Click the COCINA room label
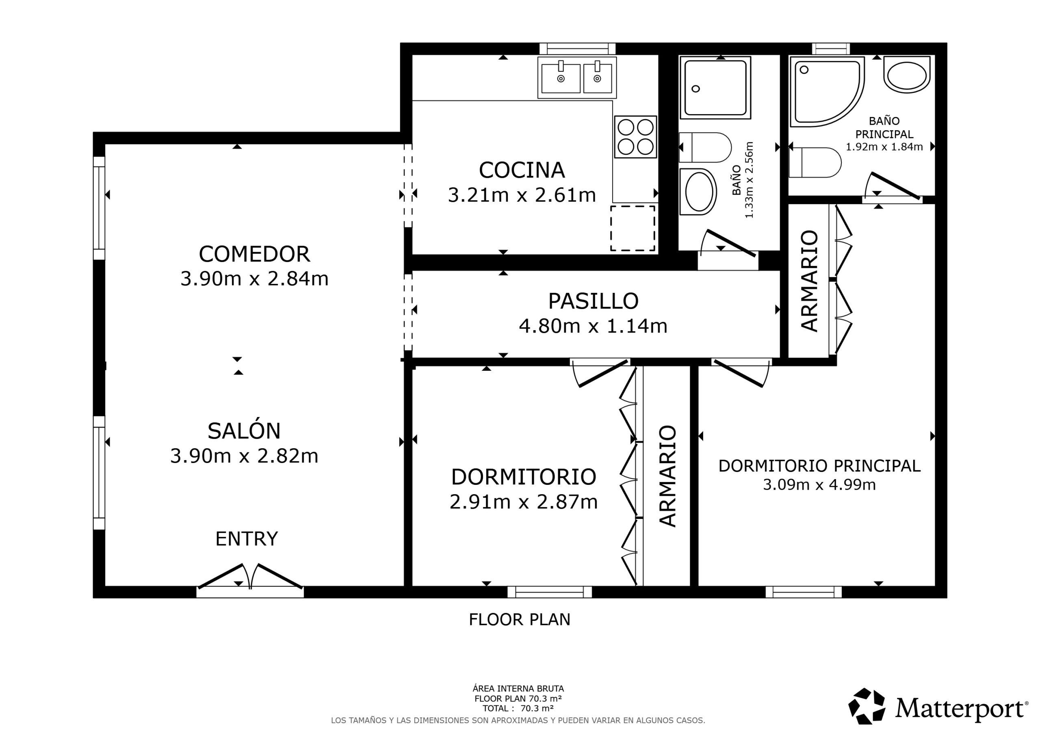[x=521, y=170]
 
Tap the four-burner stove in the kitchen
[x=635, y=137]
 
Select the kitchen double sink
[x=577, y=78]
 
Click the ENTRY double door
[x=250, y=577]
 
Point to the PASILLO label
[x=593, y=301]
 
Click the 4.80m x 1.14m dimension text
[x=593, y=326]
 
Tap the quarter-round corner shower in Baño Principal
[x=827, y=91]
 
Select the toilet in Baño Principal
[x=815, y=162]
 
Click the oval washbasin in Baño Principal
[x=907, y=75]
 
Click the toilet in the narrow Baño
[x=705, y=147]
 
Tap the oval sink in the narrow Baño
[x=698, y=192]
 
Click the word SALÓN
[x=244, y=431]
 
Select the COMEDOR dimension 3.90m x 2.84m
[x=254, y=279]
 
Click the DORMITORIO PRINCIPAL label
[x=819, y=466]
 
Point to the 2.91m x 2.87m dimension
[x=523, y=502]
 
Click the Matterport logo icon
[x=867, y=706]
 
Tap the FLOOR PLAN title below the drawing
[x=520, y=620]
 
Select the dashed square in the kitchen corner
[x=633, y=228]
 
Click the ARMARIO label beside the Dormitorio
[x=667, y=476]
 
